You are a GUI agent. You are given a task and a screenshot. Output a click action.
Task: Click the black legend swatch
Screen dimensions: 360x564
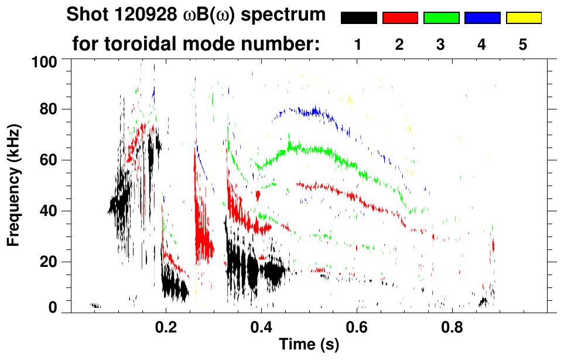[x=359, y=18]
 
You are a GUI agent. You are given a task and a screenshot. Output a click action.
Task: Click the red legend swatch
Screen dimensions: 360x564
[x=400, y=18]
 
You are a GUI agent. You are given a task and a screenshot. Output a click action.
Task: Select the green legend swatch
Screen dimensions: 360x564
[x=441, y=18]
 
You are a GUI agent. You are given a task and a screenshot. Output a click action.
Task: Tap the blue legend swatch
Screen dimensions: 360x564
[x=482, y=18]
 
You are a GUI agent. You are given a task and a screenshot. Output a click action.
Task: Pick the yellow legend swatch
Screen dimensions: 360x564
[x=524, y=18]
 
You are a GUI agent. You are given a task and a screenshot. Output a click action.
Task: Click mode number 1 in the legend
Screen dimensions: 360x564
[x=358, y=45]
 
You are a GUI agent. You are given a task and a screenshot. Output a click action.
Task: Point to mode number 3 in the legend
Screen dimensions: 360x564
[x=440, y=45]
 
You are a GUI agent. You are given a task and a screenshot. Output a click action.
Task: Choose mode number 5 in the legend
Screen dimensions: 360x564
[x=523, y=45]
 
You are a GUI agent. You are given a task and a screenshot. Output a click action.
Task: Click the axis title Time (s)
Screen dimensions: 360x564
[x=309, y=345]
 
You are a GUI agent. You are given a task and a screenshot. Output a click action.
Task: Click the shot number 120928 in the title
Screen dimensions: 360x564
[x=137, y=15]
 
